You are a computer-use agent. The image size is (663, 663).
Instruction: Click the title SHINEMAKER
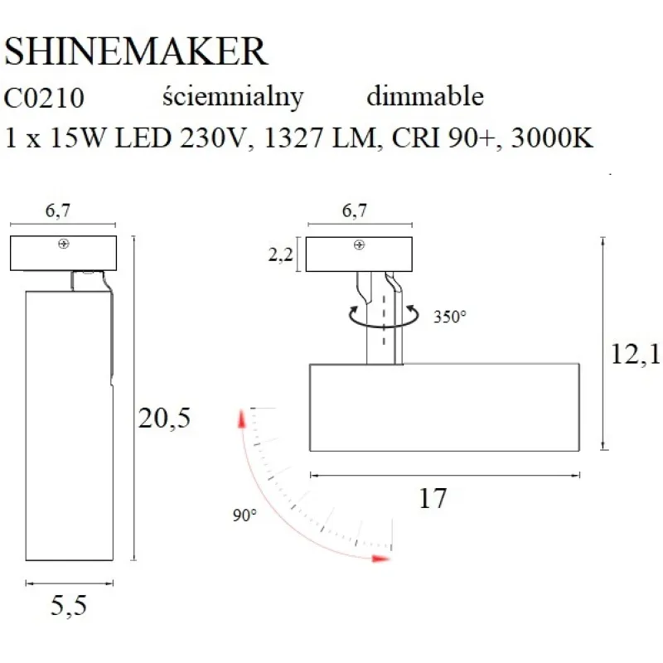point(136,52)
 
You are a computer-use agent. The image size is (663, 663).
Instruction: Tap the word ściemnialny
point(234,97)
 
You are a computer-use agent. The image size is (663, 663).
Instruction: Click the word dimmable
point(424,97)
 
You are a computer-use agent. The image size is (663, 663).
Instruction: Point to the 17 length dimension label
point(433,498)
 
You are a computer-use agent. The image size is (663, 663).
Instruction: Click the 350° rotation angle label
point(450,316)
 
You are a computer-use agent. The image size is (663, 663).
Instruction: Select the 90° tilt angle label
point(244,515)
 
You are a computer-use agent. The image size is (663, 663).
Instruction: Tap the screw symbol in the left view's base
point(63,244)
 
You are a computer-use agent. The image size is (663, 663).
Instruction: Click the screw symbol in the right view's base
point(359,244)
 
